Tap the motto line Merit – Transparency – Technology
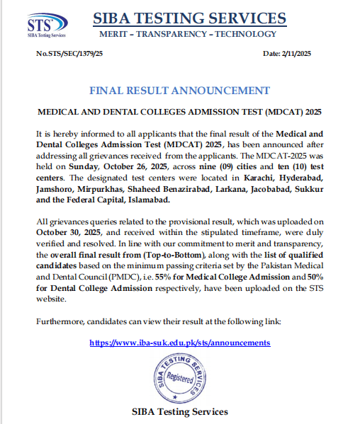189,34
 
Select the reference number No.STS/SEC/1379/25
69,53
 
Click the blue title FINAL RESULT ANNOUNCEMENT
179,91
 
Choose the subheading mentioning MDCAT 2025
179,112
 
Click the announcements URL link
179,342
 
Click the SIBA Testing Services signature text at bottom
180,411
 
